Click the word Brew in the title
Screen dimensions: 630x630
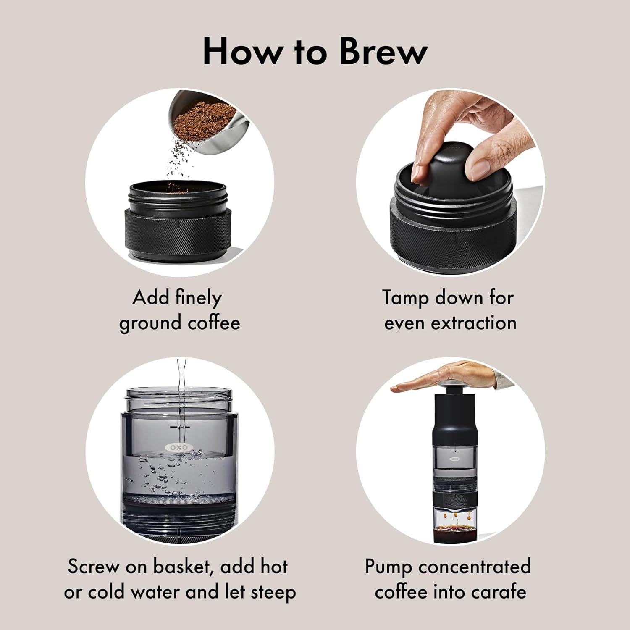(383, 52)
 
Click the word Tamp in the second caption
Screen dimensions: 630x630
(405, 298)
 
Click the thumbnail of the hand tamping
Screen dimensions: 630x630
(450, 182)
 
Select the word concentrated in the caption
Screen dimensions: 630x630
(475, 567)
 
